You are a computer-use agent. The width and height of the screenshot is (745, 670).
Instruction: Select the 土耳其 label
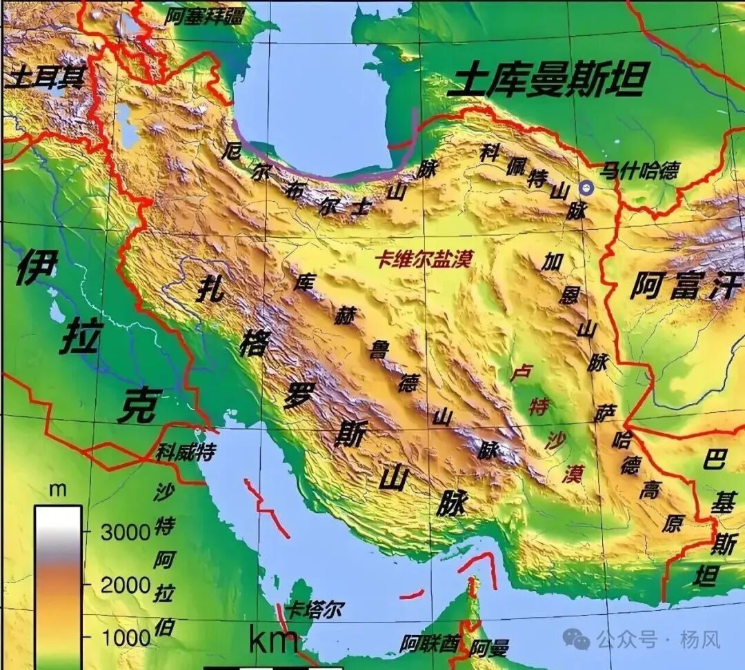(x=45, y=77)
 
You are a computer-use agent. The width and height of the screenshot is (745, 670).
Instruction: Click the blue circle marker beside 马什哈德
(x=586, y=187)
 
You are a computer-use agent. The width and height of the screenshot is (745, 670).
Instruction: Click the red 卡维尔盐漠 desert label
(x=423, y=259)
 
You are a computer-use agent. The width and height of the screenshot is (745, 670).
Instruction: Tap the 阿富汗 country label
(x=686, y=285)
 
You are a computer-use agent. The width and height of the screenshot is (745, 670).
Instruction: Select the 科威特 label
(x=185, y=452)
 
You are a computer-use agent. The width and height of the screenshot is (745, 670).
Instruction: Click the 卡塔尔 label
(x=315, y=609)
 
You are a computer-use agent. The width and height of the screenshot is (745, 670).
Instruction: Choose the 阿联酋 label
(x=429, y=644)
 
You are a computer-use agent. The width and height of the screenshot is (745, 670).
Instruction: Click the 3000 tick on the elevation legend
(x=126, y=531)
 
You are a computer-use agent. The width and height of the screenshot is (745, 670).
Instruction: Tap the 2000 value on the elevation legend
(x=126, y=585)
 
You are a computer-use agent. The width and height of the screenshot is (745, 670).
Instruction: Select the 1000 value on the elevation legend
(x=126, y=638)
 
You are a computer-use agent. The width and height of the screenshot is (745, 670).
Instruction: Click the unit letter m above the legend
(x=59, y=490)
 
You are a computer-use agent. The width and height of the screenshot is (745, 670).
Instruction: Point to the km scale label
(x=274, y=640)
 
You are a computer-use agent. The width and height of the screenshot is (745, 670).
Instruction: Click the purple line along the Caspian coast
(x=317, y=176)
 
